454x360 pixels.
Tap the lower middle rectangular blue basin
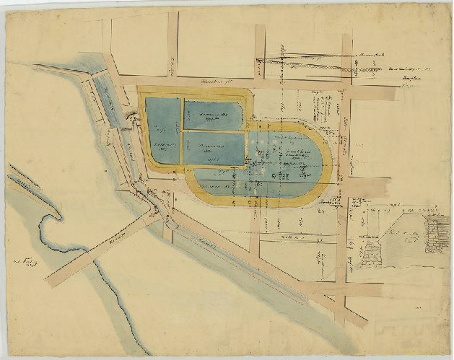[214, 148]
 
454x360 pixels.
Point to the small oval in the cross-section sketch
[414, 234]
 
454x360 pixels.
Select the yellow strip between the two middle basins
[214, 131]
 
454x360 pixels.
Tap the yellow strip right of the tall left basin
[182, 130]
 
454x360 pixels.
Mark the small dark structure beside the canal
[132, 115]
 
